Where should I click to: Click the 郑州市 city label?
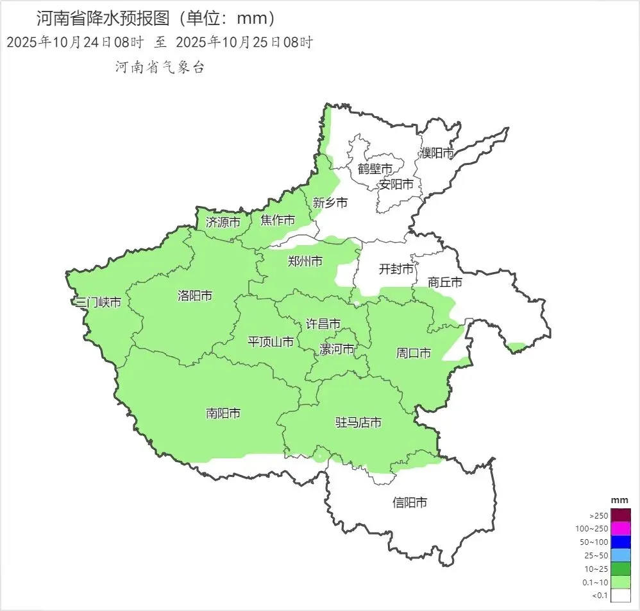pos(305,261)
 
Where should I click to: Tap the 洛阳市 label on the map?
pos(195,296)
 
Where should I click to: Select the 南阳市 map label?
pos(223,413)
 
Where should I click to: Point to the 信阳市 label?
pos(410,503)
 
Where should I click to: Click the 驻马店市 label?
pos(359,422)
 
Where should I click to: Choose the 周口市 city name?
pos(413,352)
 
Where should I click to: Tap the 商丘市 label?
pos(445,282)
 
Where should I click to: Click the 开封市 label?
pos(396,269)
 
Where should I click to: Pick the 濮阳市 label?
pos(437,153)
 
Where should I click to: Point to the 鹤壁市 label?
pos(375,169)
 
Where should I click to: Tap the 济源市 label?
pos(223,223)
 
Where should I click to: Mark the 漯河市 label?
pos(337,349)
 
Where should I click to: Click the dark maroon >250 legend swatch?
pos(621,515)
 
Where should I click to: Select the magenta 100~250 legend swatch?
pos(621,528)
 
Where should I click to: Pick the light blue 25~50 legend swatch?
pos(621,555)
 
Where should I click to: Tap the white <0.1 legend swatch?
pos(621,596)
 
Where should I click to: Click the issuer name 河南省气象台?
pos(159,67)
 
